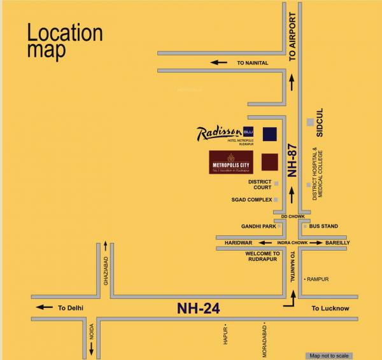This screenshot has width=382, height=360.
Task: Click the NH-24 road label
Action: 198,308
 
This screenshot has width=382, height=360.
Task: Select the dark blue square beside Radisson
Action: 270,134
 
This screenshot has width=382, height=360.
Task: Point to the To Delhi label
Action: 71,308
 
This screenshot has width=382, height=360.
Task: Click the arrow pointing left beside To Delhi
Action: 45,307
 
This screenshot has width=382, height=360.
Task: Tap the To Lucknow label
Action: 330,308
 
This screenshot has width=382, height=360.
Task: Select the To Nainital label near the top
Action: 253,63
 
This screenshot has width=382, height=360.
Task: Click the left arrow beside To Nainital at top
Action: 220,62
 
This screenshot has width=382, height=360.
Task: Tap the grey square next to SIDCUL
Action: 309,121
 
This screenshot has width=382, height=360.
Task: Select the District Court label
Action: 260,184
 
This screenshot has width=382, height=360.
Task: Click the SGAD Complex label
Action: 251,200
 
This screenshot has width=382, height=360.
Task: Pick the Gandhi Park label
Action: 258,226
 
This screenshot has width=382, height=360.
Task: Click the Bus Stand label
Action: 323,226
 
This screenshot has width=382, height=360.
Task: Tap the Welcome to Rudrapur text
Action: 262,257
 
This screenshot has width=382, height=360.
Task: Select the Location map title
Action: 64,41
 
